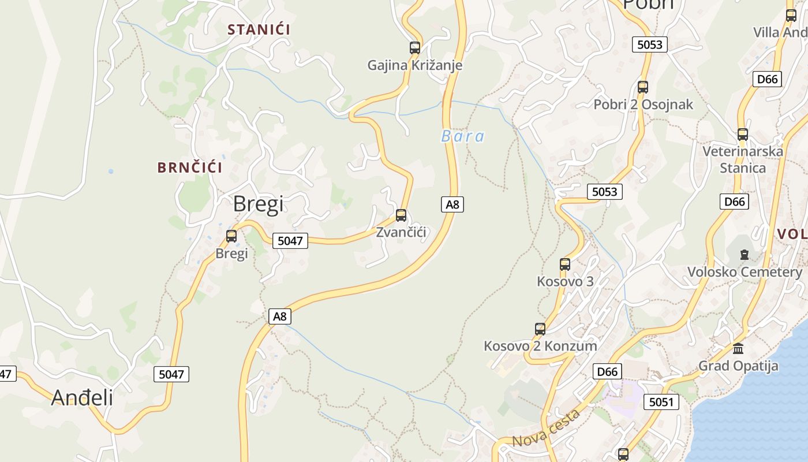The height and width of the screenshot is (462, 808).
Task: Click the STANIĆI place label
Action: click(259, 29)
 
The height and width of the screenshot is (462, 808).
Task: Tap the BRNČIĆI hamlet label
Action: click(190, 168)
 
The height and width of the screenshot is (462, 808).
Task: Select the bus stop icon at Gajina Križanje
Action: click(415, 48)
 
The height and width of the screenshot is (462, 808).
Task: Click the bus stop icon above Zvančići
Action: click(401, 215)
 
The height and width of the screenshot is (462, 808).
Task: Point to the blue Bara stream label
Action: click(463, 136)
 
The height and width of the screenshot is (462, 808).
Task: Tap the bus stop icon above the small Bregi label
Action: click(231, 236)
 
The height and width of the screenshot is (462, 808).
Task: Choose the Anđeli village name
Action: click(82, 397)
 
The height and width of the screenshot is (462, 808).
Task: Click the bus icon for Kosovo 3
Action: click(565, 264)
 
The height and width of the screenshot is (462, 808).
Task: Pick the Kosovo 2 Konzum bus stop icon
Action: click(540, 329)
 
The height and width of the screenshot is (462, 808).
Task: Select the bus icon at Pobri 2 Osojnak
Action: click(643, 87)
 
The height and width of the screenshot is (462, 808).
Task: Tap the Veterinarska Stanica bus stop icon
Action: click(743, 135)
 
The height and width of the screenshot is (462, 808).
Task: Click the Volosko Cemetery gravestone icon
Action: click(745, 255)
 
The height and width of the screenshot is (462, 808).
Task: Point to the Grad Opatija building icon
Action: click(738, 349)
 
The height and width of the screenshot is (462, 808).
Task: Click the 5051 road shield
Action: click(661, 402)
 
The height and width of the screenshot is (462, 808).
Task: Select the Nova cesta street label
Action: click(545, 429)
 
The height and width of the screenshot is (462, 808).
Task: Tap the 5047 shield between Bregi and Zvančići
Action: click(290, 241)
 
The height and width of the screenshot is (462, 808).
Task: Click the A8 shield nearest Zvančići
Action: click(452, 204)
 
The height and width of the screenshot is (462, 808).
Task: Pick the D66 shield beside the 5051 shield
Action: click(607, 372)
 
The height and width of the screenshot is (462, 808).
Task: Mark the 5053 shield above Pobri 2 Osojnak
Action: click(650, 44)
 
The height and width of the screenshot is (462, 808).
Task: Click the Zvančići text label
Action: click(401, 232)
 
